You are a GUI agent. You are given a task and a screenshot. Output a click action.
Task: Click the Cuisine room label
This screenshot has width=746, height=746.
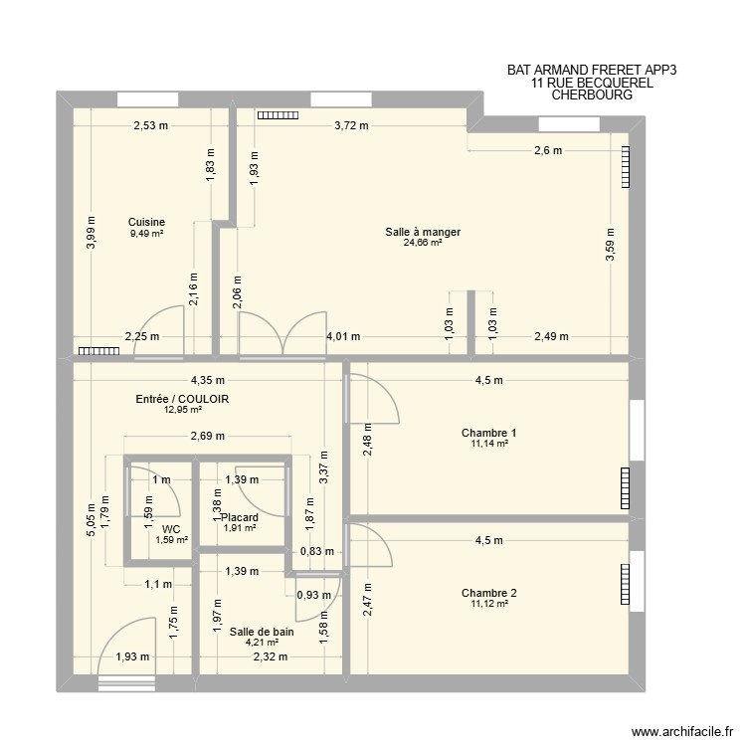click(146, 222)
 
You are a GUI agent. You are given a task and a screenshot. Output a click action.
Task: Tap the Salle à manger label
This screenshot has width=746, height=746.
click(423, 232)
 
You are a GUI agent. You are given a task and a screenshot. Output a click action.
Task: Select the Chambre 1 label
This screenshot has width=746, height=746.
click(488, 433)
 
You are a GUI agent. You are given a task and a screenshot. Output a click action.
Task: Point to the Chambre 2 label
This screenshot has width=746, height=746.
click(488, 593)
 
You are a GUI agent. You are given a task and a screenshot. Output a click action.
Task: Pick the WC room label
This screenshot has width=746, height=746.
click(171, 529)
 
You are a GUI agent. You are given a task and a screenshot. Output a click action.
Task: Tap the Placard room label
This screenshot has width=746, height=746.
click(240, 517)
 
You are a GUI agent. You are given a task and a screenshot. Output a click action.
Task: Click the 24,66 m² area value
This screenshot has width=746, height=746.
click(423, 243)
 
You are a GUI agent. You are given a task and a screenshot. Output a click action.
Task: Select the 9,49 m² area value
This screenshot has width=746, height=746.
click(146, 234)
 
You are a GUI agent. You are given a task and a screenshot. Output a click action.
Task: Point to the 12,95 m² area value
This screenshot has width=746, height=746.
click(183, 410)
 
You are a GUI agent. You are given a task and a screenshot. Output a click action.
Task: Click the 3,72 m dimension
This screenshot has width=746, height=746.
click(351, 125)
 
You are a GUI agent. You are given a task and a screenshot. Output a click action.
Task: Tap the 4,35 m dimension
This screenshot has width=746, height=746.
click(208, 379)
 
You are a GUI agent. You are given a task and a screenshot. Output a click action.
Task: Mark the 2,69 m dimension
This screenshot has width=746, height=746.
click(207, 436)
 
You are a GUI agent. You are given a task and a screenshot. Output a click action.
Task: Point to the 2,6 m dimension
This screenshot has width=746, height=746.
click(548, 151)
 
